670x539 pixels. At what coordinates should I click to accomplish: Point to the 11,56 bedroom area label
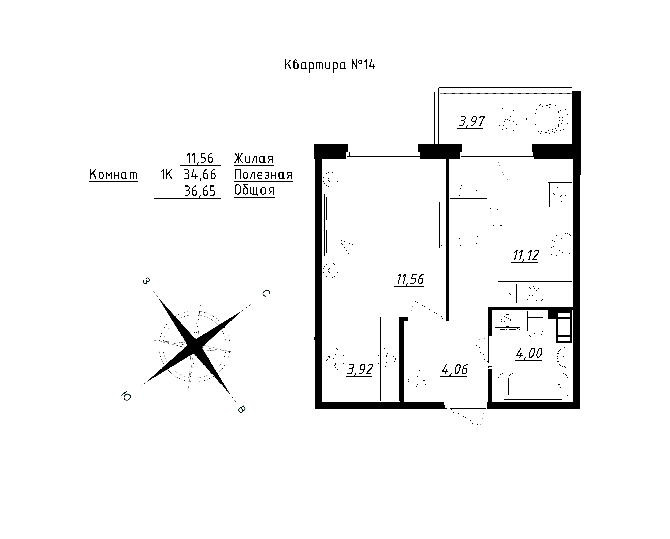410,279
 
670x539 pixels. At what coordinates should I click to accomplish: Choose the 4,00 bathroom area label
529,353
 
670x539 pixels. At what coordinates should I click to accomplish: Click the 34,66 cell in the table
200,174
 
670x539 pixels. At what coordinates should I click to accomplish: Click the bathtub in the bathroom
533,386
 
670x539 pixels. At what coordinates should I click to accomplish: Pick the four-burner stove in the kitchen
560,244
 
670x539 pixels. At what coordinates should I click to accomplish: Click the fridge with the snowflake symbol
560,195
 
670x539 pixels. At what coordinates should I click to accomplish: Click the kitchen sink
507,294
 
